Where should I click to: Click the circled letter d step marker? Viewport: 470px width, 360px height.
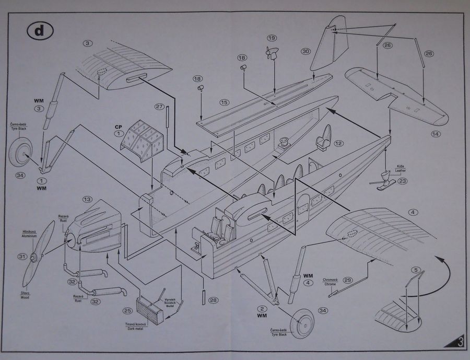[x=37, y=31]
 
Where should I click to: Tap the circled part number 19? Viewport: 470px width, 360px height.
[x=272, y=38]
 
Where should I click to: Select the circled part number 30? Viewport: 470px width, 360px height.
[x=305, y=51]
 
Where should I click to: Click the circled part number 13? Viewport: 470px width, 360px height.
[x=87, y=200]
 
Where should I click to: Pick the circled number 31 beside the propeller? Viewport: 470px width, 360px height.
[x=21, y=257]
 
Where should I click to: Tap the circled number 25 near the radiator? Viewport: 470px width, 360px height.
[x=128, y=311]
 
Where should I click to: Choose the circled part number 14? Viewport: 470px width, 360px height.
[x=436, y=134]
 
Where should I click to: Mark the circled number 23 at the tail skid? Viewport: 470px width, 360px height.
[x=402, y=182]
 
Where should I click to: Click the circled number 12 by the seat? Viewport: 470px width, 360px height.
[x=338, y=143]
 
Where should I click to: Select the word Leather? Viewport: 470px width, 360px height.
[x=400, y=169]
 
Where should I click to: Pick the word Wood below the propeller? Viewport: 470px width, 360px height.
[x=26, y=297]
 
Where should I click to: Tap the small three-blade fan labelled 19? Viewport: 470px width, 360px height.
[x=272, y=53]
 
